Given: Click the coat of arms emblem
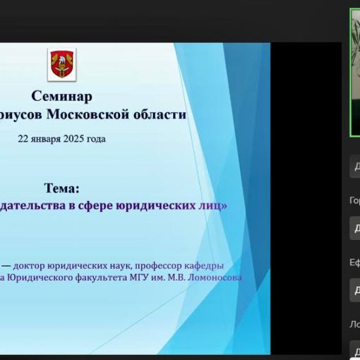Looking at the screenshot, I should pos(61,65).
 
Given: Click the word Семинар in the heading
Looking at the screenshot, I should pos(61,96).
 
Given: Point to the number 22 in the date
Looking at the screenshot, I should pos(24,138).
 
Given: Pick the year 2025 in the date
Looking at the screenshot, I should pos(78,138).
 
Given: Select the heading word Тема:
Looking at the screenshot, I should pos(62,188).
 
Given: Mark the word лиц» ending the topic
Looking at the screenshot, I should pos(214,206).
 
